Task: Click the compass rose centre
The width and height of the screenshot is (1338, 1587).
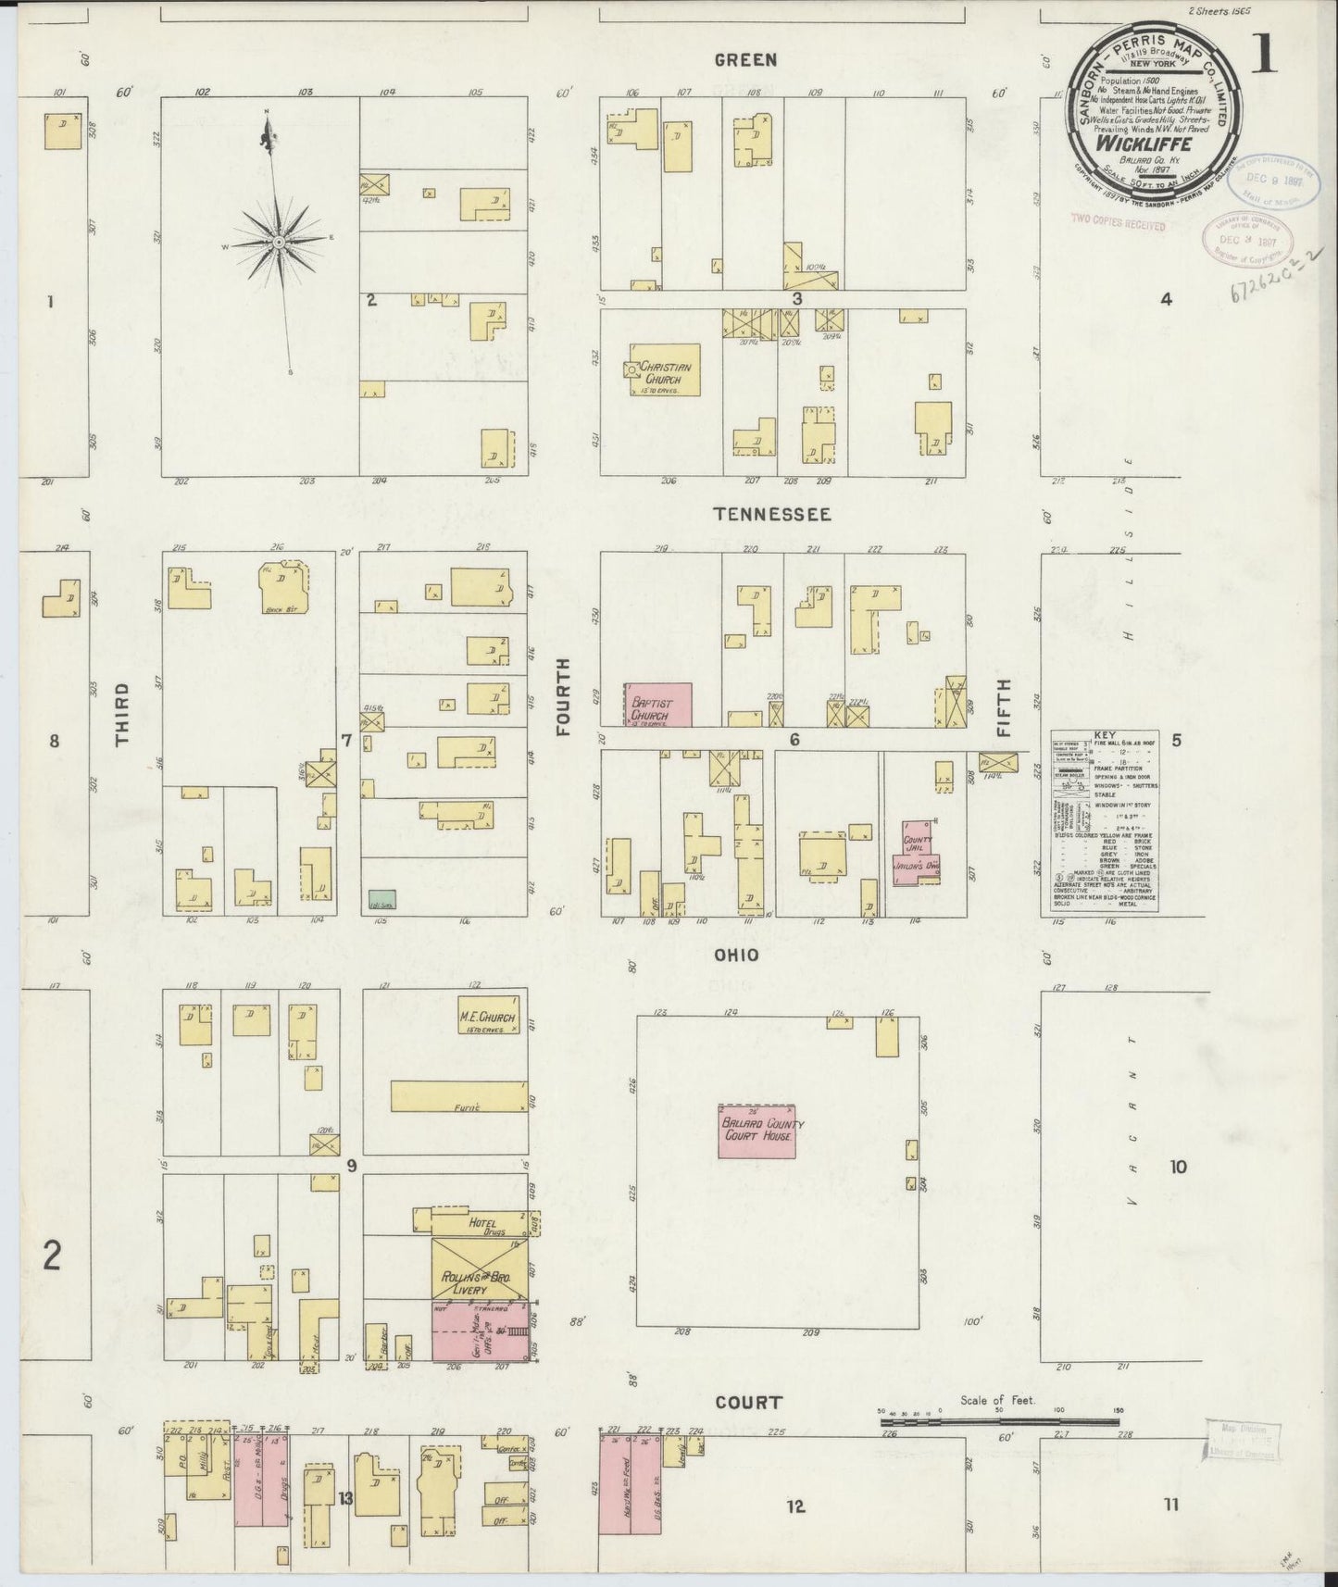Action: (x=278, y=241)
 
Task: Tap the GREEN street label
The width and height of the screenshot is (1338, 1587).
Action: (x=745, y=60)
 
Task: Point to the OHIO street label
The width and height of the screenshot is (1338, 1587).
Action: (x=737, y=955)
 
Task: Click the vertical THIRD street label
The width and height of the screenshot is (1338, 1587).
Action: (x=121, y=715)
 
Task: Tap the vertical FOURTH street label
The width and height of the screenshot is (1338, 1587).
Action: (x=562, y=708)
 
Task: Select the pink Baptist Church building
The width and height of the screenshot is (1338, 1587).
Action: (x=660, y=706)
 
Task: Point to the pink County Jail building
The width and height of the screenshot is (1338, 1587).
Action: (x=917, y=852)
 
